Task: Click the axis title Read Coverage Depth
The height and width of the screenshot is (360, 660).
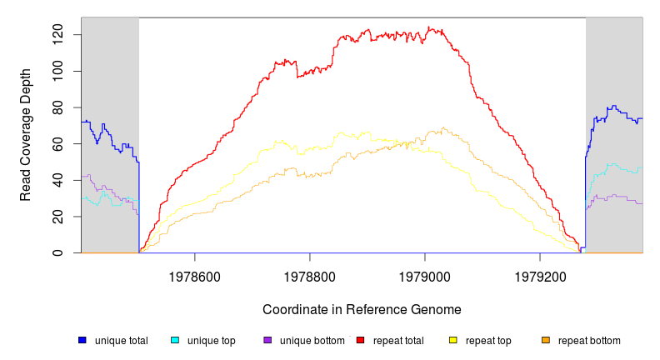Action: [x=26, y=135]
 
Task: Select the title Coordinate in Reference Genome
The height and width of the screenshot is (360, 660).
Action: [x=362, y=309]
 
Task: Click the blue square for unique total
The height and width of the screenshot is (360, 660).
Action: [x=82, y=340]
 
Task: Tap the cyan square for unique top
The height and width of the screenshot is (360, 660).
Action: [x=175, y=340]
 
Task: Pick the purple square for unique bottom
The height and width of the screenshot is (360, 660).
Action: [x=267, y=340]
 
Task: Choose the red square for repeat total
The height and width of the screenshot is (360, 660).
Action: [x=360, y=340]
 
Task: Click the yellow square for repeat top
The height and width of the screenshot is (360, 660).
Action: [x=453, y=340]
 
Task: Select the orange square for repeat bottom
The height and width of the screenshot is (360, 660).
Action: [x=546, y=340]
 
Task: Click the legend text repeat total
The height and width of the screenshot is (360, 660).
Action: [x=401, y=341]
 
